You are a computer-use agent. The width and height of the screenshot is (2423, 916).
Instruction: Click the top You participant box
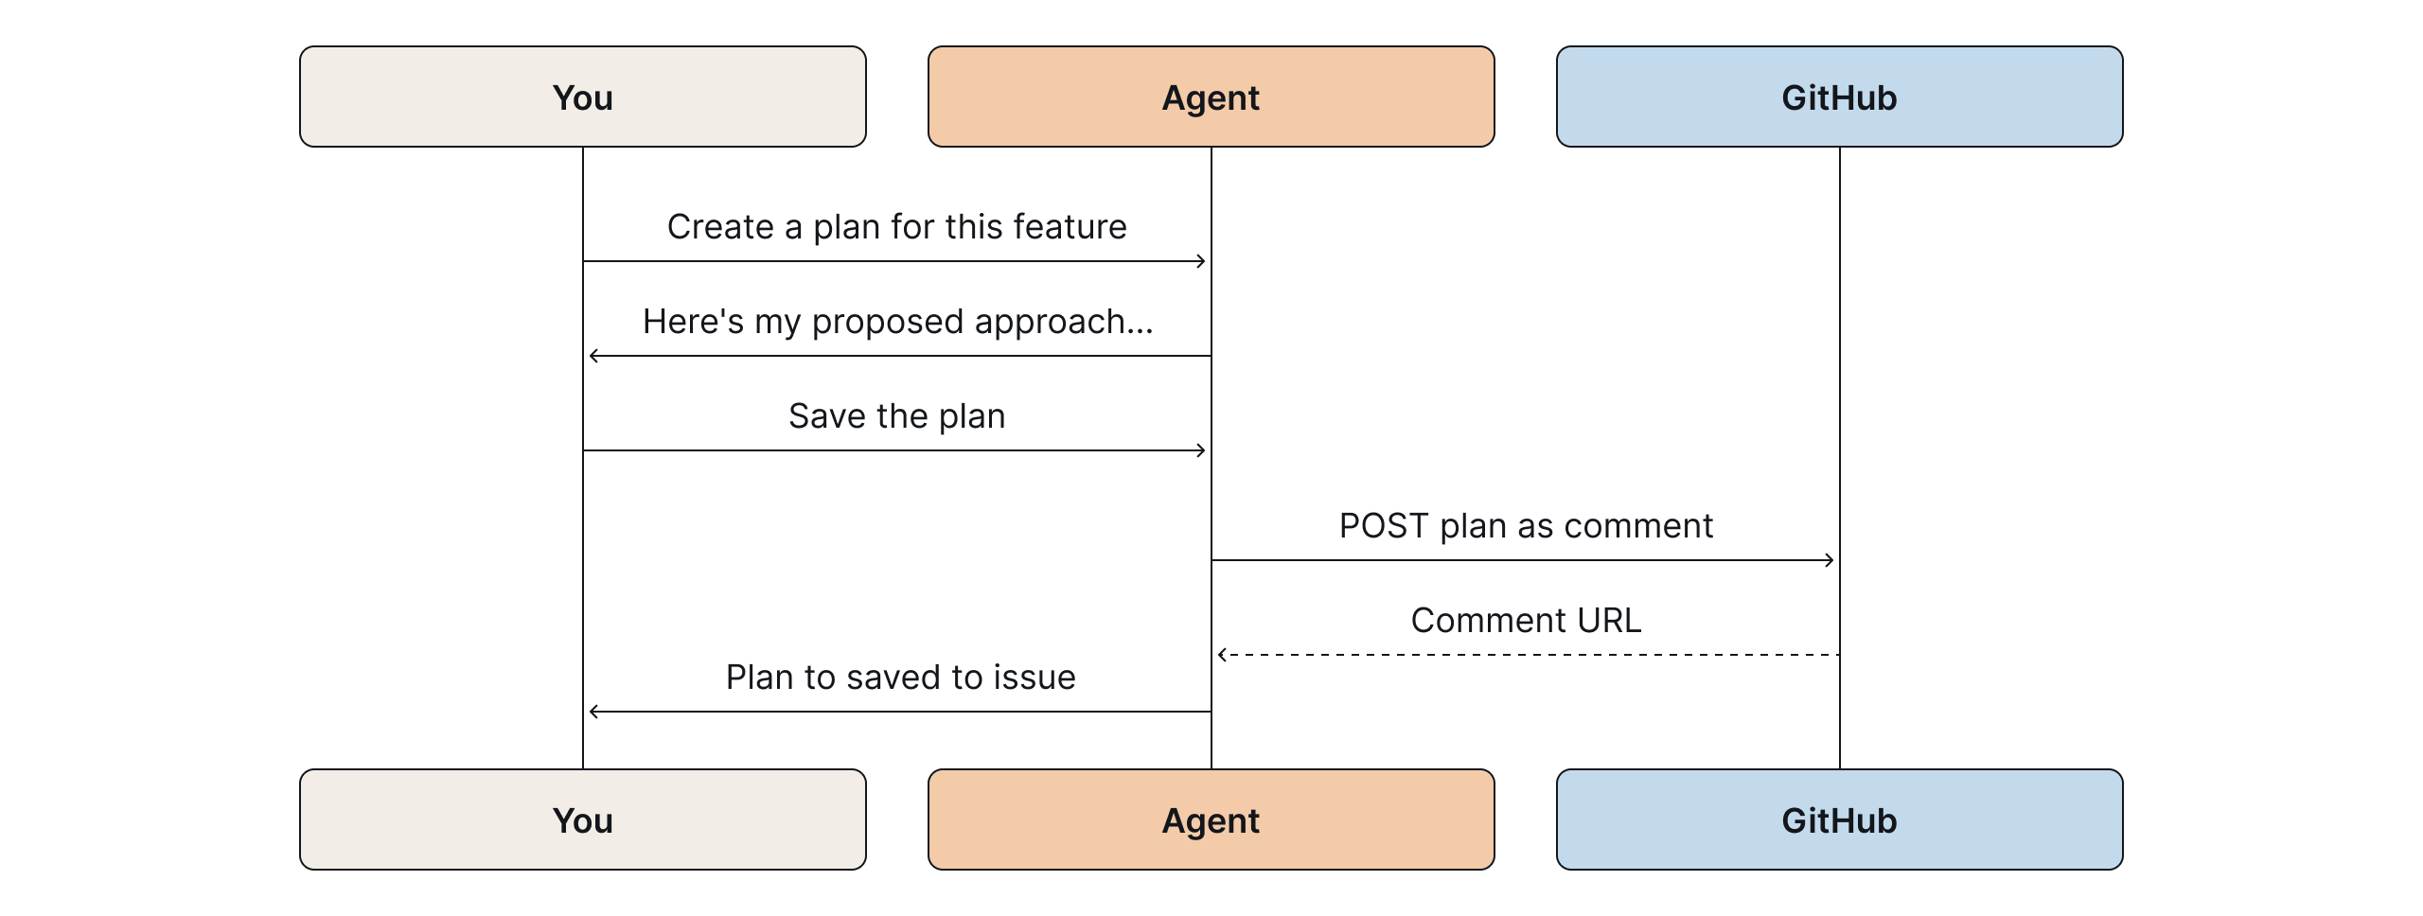[x=582, y=97]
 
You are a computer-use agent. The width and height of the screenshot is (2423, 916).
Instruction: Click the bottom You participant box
[x=582, y=819]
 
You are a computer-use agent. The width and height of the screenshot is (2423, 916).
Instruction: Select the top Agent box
[x=1211, y=97]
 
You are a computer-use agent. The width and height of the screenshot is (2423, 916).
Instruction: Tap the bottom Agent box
[x=1211, y=819]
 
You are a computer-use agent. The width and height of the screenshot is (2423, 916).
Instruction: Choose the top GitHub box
[x=1839, y=97]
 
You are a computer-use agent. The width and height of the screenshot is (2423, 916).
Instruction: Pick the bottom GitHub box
[x=1839, y=819]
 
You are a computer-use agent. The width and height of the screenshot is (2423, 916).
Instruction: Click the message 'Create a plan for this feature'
[x=896, y=227]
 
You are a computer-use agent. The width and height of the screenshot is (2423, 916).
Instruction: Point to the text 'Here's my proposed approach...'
[x=897, y=322]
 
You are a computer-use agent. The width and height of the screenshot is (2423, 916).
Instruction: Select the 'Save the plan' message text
[x=896, y=416]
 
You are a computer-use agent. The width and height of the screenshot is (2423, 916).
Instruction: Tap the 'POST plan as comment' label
[x=1526, y=526]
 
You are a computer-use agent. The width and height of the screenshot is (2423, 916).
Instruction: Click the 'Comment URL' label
[x=1526, y=621]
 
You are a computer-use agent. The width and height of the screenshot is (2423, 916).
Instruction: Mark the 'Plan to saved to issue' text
[x=900, y=678]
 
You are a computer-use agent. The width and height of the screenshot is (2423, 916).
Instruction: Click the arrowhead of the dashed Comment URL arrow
[x=1222, y=655]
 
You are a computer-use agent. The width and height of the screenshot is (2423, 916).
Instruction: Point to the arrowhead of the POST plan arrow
[x=1831, y=560]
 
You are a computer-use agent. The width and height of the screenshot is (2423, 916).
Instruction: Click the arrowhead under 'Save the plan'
[x=1202, y=450]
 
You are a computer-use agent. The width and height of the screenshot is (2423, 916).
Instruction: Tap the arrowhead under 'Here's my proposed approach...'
[x=593, y=356]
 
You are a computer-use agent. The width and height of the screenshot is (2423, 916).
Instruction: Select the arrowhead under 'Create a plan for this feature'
[x=1202, y=261]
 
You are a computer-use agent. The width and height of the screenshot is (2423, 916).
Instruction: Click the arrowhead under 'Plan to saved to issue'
[x=593, y=712]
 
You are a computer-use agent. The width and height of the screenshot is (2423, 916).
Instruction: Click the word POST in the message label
[x=1383, y=526]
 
